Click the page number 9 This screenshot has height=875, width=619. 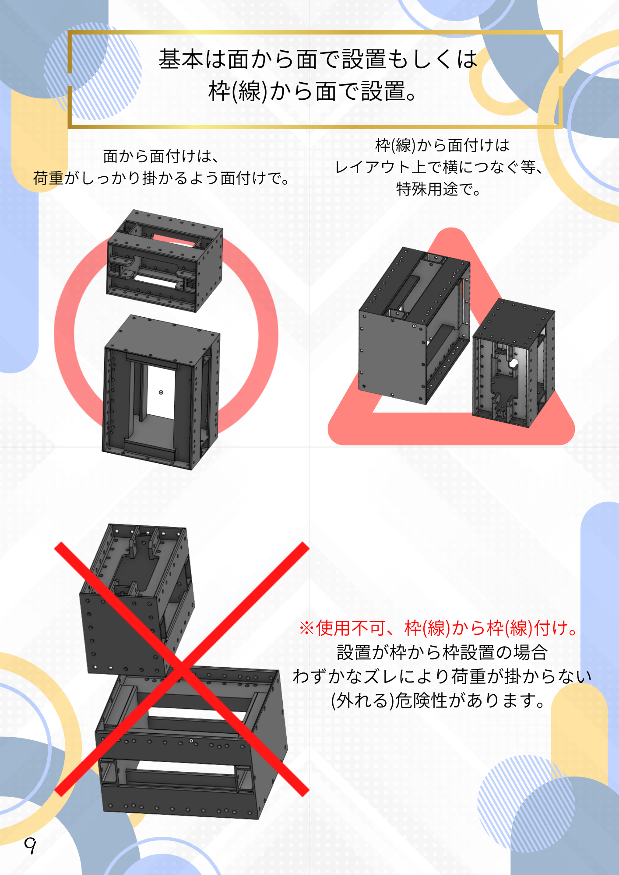click(30, 845)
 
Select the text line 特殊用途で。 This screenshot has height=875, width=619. click(439, 189)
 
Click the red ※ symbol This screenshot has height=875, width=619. click(306, 628)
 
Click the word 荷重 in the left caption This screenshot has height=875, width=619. click(48, 178)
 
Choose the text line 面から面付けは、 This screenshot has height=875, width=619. click(161, 156)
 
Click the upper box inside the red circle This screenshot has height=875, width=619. click(165, 261)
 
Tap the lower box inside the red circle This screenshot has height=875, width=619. click(161, 392)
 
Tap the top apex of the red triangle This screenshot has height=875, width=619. click(451, 228)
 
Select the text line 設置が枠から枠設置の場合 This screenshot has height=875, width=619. click(442, 652)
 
